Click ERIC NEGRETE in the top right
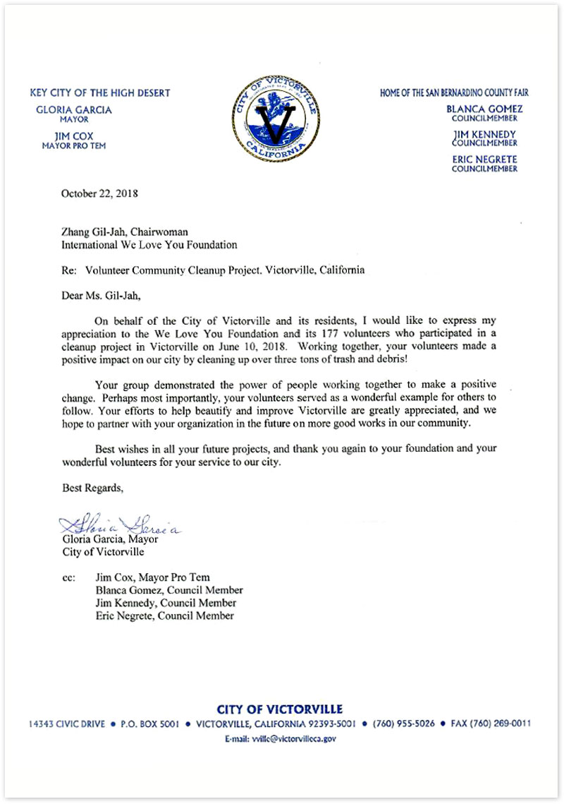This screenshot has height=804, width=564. pyautogui.click(x=484, y=160)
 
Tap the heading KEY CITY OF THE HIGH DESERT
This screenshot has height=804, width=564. pyautogui.click(x=100, y=93)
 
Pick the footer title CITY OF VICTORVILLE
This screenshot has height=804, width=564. pyautogui.click(x=280, y=709)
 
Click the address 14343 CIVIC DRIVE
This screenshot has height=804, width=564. pyautogui.click(x=67, y=724)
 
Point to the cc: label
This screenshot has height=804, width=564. pyautogui.click(x=69, y=577)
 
